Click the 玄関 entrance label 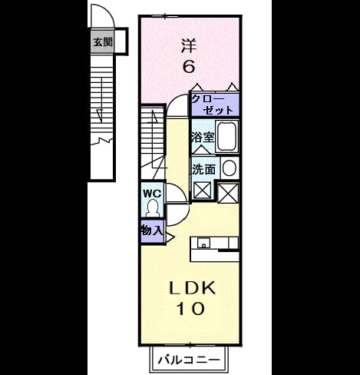pyautogui.click(x=103, y=41)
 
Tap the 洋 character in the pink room pyautogui.click(x=189, y=45)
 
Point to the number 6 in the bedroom pyautogui.click(x=189, y=67)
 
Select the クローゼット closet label pyautogui.click(x=212, y=105)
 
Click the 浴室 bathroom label pyautogui.click(x=203, y=138)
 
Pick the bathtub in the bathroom pyautogui.click(x=227, y=136)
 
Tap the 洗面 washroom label pyautogui.click(x=204, y=169)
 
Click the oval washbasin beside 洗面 pyautogui.click(x=229, y=168)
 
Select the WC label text pyautogui.click(x=152, y=194)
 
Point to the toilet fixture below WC pyautogui.click(x=153, y=208)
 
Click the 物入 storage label pyautogui.click(x=152, y=231)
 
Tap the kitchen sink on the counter pyautogui.click(x=203, y=243)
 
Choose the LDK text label pyautogui.click(x=192, y=288)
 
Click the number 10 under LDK pyautogui.click(x=191, y=309)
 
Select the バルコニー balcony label pyautogui.click(x=189, y=360)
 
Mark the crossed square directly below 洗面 pyautogui.click(x=203, y=190)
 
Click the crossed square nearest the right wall pyautogui.click(x=228, y=193)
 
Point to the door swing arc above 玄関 pyautogui.click(x=111, y=14)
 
